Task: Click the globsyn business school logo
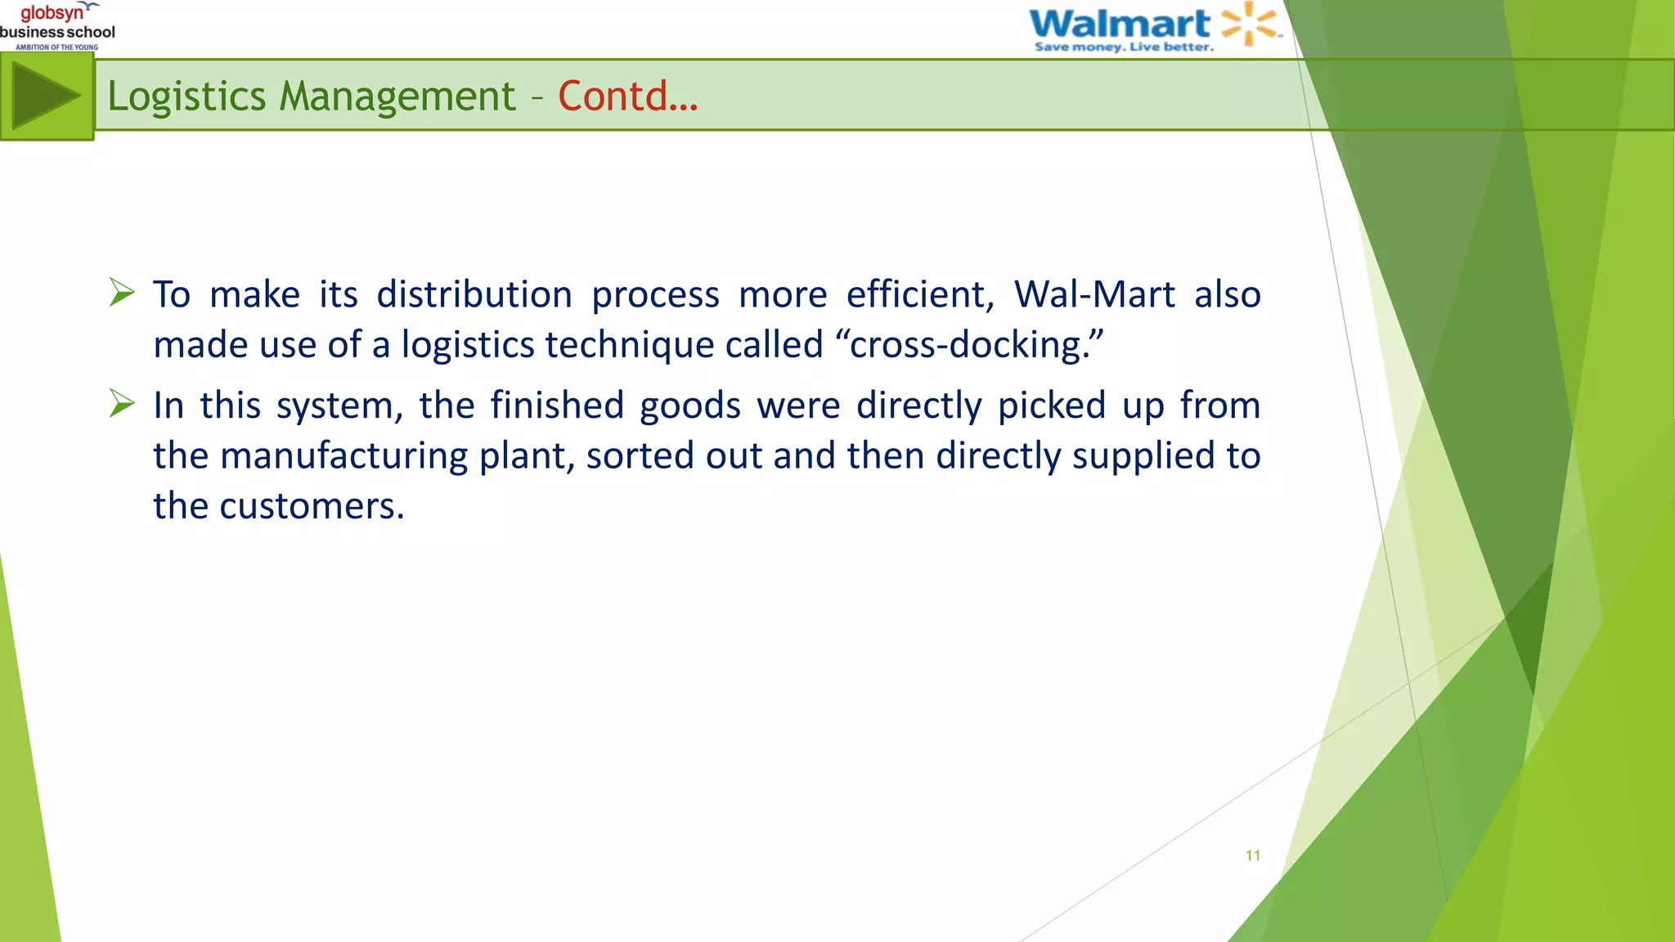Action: (57, 25)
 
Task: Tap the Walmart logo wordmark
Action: (1119, 23)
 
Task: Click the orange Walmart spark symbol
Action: (1249, 23)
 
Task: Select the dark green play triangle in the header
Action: (46, 96)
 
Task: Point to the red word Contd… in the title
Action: (627, 96)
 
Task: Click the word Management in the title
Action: (397, 96)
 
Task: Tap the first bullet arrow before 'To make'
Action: (122, 292)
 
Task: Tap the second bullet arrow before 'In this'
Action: (122, 403)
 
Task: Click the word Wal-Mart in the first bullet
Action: (1094, 294)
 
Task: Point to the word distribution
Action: (474, 294)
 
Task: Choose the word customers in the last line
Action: (311, 506)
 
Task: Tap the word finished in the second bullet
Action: (557, 406)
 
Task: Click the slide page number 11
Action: (1252, 856)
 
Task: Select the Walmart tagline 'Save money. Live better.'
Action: (1124, 47)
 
